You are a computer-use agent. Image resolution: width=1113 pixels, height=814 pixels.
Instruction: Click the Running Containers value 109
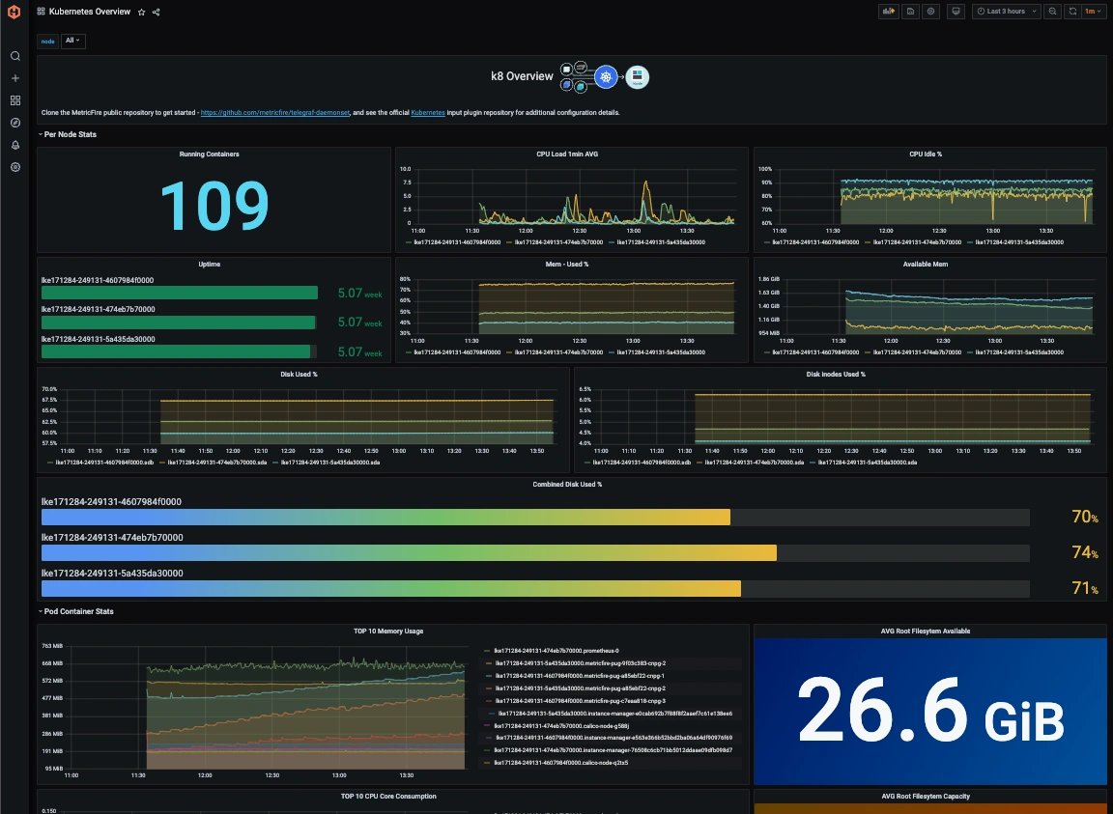[214, 205]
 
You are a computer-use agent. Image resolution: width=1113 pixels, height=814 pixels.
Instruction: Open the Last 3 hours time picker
[1006, 12]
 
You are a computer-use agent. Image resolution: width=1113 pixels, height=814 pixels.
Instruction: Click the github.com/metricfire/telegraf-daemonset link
[275, 113]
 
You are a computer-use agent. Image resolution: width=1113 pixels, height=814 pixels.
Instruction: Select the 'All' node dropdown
[72, 41]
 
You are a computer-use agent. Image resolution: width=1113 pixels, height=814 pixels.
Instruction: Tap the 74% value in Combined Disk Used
[1084, 552]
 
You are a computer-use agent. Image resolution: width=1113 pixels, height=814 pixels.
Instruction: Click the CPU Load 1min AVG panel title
[571, 154]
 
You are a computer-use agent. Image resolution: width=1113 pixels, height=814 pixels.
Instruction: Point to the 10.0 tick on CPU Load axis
[406, 169]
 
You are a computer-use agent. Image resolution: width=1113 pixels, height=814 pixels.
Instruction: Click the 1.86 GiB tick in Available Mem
[769, 278]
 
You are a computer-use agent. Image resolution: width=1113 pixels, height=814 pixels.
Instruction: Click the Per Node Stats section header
[70, 134]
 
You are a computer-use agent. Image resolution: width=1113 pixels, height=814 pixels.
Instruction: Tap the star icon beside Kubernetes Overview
[141, 12]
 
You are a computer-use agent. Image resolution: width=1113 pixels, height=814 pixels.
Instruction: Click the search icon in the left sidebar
[15, 56]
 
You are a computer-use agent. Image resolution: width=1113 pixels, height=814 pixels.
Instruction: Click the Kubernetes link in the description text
[428, 113]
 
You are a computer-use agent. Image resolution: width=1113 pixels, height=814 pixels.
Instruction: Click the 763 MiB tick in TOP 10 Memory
[51, 645]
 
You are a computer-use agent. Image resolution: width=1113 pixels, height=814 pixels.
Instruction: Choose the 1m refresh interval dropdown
[1093, 12]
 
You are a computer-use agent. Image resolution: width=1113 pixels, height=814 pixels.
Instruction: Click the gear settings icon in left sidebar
[15, 167]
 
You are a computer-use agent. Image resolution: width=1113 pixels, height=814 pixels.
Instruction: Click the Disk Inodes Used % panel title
[836, 374]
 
